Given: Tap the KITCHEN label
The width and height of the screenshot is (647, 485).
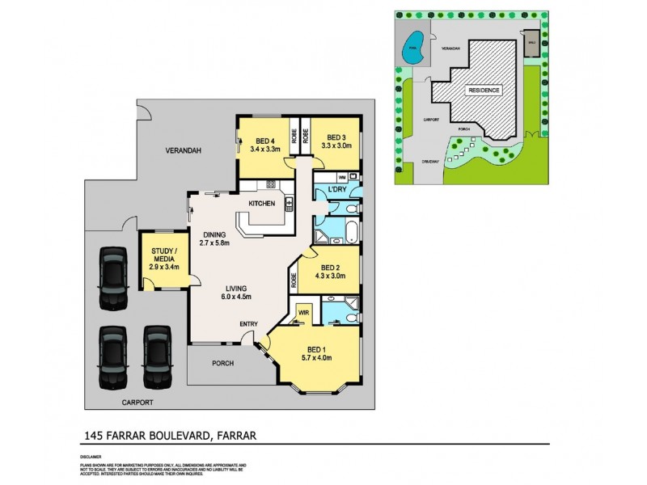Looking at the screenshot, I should click(261, 203).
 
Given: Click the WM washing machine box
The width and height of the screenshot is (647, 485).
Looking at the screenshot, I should click(342, 176).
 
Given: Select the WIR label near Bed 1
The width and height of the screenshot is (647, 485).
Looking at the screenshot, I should click(303, 310).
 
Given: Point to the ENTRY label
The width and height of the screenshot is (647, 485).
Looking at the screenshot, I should click(248, 325).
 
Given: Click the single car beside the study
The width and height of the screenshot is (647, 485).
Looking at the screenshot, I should click(112, 277).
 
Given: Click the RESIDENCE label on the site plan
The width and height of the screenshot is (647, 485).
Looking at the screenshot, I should click(484, 90).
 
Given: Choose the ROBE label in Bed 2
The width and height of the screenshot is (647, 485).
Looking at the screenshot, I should click(293, 281).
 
